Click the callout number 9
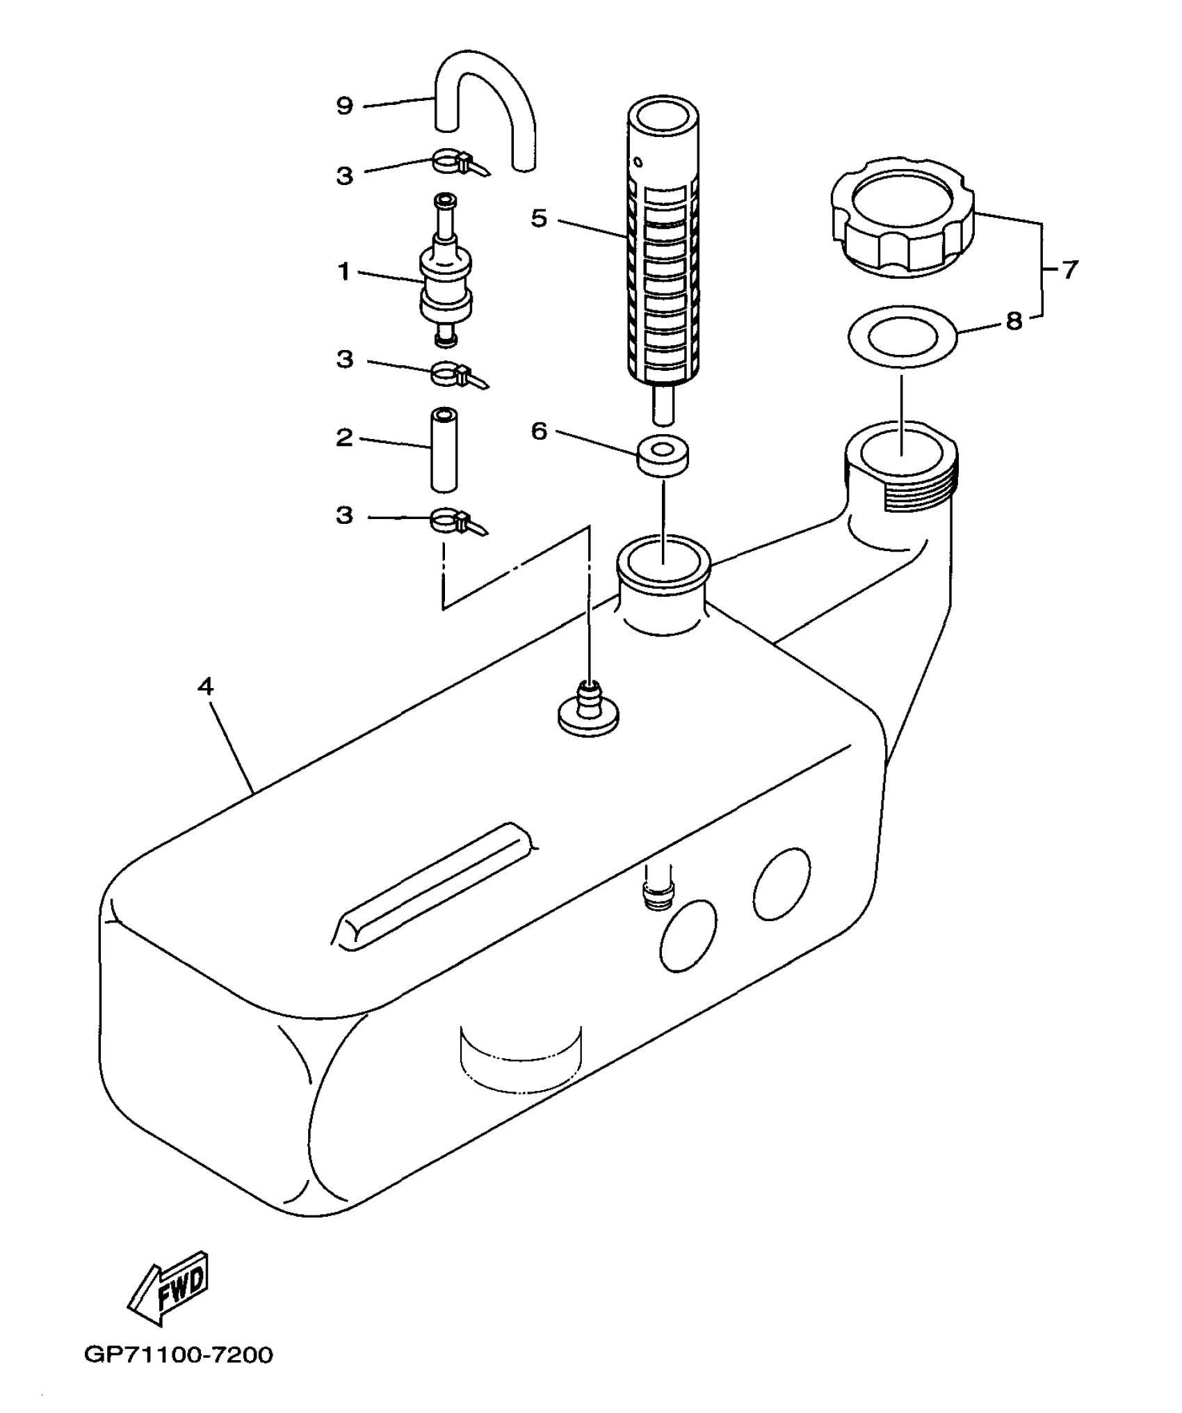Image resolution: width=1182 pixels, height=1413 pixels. point(345,106)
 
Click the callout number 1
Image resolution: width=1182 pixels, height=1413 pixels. point(343,271)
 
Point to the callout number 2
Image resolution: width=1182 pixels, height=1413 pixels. point(344,438)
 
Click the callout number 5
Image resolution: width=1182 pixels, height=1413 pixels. point(539,218)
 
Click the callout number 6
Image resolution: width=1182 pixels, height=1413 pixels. point(539,431)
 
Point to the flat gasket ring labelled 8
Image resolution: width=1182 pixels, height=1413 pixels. point(902,336)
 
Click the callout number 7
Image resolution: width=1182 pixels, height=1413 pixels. point(1069,269)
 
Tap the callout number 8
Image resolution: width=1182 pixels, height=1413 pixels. point(1014,321)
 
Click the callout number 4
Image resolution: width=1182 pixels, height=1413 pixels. point(205,687)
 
